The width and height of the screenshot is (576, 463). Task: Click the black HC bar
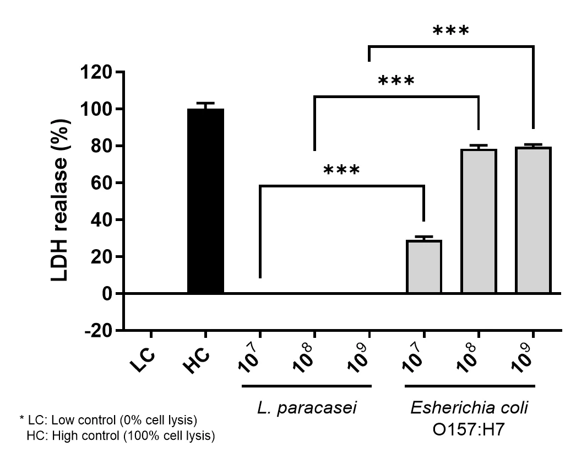[x=205, y=201]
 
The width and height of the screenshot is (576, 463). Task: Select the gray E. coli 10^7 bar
[x=423, y=267]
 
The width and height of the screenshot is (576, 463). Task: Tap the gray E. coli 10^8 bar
[x=479, y=221]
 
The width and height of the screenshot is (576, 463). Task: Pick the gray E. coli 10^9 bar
[x=533, y=220]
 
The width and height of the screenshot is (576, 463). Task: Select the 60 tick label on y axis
[x=102, y=183]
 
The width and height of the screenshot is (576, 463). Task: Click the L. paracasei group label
[x=307, y=408]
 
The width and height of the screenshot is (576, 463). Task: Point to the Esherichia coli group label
[x=469, y=408]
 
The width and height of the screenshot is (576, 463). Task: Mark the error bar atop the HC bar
[x=205, y=105]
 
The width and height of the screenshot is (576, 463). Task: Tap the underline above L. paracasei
[x=307, y=385]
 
